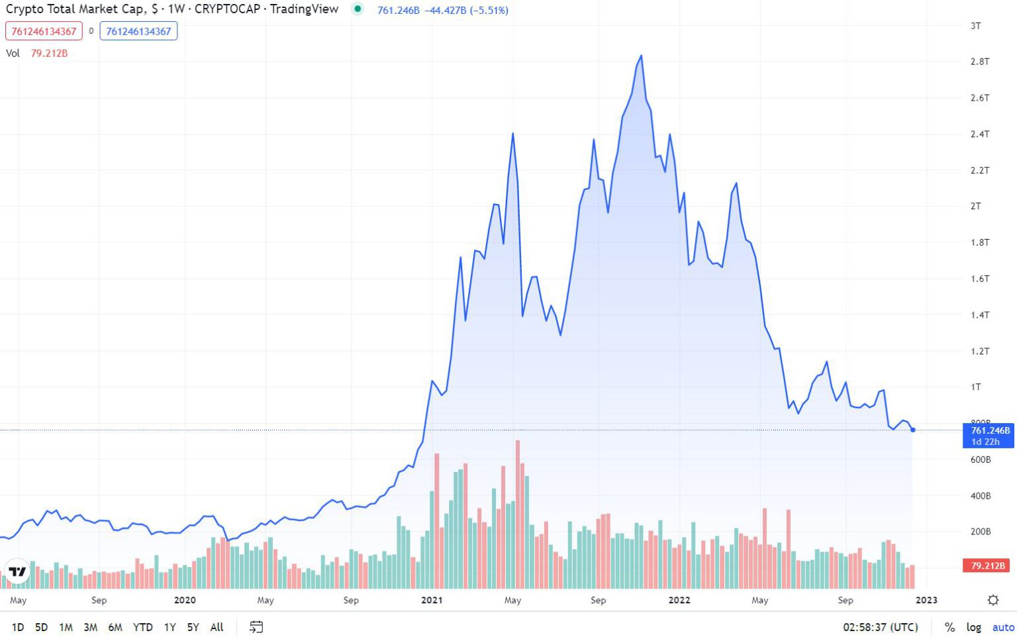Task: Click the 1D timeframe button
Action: [x=18, y=627]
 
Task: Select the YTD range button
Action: [x=142, y=627]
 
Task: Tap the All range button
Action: [x=217, y=627]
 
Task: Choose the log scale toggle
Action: [x=973, y=627]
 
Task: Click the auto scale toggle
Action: [x=1003, y=627]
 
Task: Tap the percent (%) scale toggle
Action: [x=949, y=627]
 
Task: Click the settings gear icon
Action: [x=993, y=600]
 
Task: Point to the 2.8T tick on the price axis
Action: [x=979, y=62]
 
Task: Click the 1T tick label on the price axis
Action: [x=975, y=387]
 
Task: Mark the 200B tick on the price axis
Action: [x=980, y=532]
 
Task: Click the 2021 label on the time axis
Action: [x=432, y=601]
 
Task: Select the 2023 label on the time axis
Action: [x=926, y=601]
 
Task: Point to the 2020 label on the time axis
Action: [x=185, y=601]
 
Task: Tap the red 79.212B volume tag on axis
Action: [x=987, y=565]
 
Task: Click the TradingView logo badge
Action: [x=18, y=571]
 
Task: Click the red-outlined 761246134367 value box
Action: [x=44, y=31]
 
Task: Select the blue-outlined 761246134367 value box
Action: [x=138, y=31]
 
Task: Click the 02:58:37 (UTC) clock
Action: [x=880, y=627]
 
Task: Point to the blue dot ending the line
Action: [x=913, y=430]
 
